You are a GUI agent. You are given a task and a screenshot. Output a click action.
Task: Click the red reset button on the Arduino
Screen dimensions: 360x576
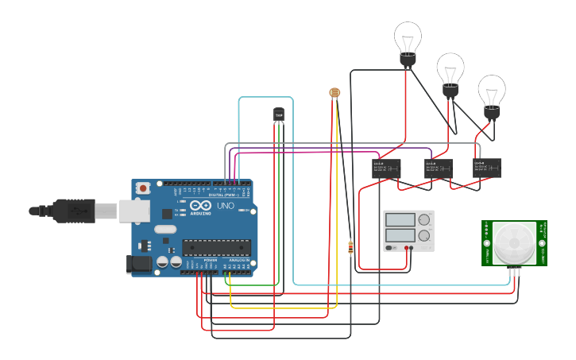143,188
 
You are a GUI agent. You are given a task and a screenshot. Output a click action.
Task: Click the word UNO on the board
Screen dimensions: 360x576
226,206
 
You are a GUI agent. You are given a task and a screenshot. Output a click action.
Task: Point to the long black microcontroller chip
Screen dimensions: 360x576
217,247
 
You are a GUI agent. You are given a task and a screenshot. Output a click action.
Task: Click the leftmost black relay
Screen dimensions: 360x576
386,168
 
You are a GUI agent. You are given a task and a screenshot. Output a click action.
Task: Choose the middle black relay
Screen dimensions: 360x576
438,168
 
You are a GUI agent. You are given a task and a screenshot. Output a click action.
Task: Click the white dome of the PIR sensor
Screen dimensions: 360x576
513,242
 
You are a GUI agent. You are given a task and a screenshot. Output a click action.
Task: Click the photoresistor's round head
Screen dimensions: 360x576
334,93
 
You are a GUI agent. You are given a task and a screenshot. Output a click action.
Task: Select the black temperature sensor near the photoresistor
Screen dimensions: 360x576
278,115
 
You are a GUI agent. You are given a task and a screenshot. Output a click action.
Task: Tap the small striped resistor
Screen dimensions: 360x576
350,248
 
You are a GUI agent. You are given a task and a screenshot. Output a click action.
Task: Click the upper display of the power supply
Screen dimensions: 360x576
400,219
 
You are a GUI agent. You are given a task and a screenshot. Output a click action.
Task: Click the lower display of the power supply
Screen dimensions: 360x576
400,235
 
